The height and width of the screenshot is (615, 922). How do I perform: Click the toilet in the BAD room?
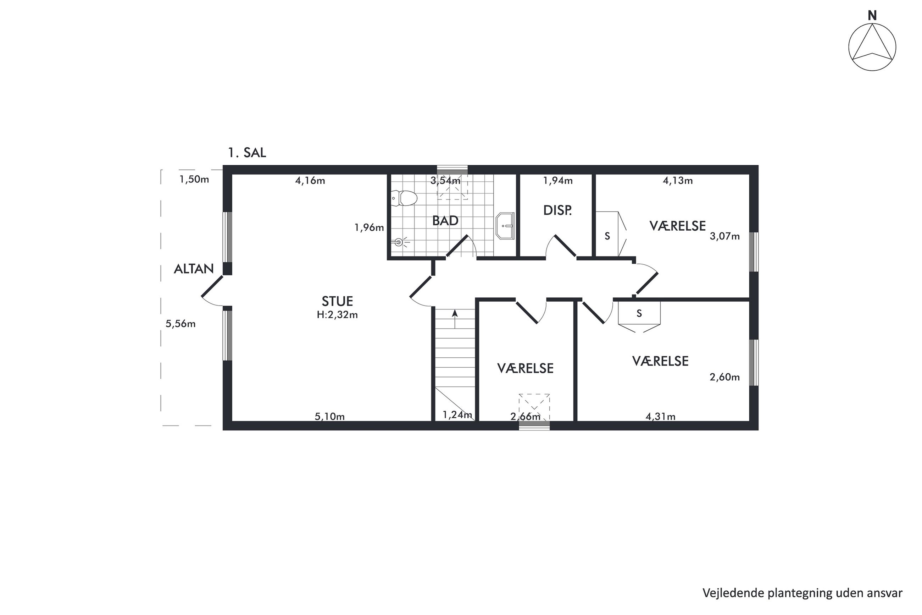404,198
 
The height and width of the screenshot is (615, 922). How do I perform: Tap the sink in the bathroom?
505,226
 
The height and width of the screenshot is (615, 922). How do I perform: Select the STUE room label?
337,301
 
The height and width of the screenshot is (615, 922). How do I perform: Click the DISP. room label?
557,211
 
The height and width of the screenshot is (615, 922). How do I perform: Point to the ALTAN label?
194,269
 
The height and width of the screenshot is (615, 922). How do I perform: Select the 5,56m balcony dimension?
180,324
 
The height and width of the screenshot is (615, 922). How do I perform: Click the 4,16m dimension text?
310,181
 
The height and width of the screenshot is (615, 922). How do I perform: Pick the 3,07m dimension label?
724,236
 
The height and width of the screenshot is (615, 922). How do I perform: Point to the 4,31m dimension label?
660,417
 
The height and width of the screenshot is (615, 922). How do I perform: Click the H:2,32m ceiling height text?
337,314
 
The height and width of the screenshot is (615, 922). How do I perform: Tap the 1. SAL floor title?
247,153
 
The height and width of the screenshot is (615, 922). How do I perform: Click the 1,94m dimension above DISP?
557,181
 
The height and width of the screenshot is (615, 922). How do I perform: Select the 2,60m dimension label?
724,377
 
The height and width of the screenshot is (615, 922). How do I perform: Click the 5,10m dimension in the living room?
329,417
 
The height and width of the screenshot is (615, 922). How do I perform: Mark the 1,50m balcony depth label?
194,180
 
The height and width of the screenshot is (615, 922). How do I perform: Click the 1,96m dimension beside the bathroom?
369,227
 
